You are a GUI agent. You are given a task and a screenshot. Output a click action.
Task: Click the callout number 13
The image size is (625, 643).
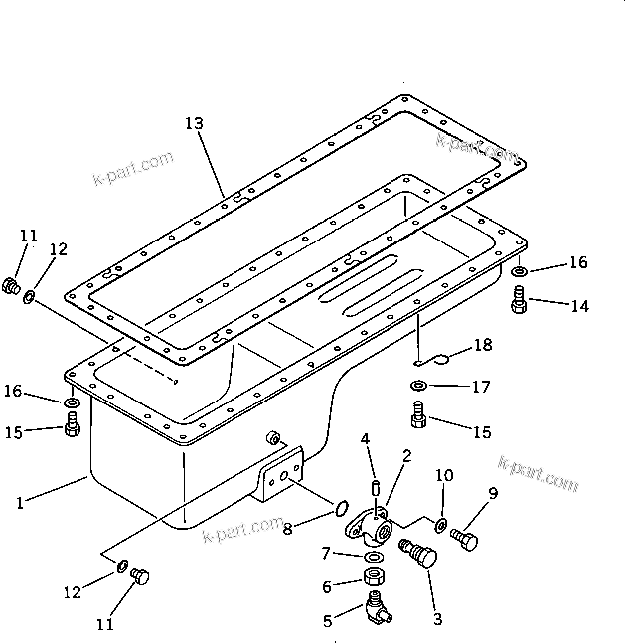click(x=194, y=124)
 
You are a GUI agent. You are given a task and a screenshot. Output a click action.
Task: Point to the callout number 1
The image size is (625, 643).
click(x=19, y=503)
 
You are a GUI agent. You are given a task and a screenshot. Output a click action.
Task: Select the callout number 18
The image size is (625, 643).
click(x=482, y=345)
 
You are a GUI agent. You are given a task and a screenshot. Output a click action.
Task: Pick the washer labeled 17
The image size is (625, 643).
click(x=419, y=385)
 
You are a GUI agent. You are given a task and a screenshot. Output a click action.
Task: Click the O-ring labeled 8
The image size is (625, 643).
click(x=340, y=511)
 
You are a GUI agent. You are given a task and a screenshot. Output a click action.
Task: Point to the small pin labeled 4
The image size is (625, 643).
click(x=376, y=487)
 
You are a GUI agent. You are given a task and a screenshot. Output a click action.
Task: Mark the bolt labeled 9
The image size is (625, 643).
click(x=464, y=539)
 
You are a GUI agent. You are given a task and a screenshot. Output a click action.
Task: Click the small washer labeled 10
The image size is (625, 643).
click(x=441, y=525)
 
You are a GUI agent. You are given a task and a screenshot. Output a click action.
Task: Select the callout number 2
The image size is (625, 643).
click(x=407, y=457)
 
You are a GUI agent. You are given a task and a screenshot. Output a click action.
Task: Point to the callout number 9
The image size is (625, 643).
click(x=493, y=493)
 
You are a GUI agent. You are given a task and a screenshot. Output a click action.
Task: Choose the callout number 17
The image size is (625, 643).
click(x=481, y=387)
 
